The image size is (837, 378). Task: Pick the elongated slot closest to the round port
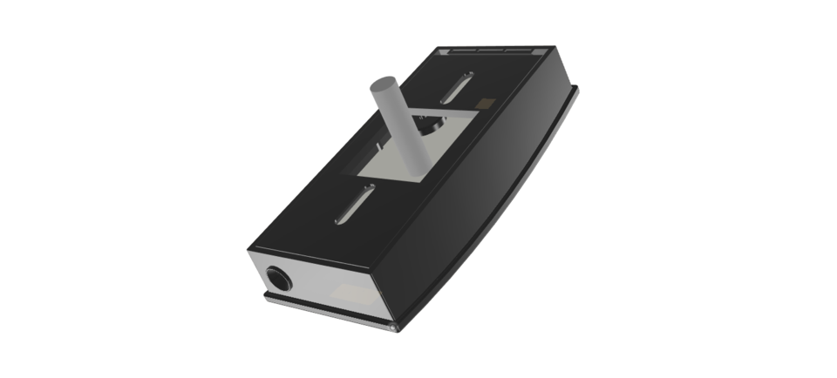[356, 203]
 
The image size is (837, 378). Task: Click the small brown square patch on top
[485, 104]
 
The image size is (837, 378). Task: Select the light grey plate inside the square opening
[384, 165]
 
